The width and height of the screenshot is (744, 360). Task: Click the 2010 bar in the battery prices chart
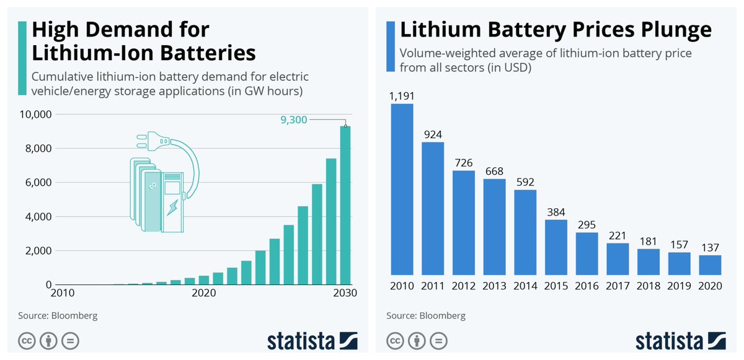coord(402,189)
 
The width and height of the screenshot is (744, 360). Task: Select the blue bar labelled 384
coord(556,247)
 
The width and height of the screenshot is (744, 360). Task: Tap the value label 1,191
coord(402,96)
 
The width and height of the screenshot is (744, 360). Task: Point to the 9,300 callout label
coord(294,120)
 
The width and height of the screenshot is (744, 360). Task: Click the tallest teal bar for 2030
coord(345,205)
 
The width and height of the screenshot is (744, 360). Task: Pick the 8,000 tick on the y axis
coord(38,148)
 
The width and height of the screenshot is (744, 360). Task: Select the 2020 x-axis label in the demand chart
coord(203,292)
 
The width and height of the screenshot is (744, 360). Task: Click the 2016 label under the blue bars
coord(587,286)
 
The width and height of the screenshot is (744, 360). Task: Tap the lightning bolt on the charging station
coord(172,208)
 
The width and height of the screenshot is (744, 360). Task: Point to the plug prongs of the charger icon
coord(142,141)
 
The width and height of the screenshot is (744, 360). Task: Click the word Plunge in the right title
coord(676,30)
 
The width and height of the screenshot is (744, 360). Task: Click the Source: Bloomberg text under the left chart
coord(58,315)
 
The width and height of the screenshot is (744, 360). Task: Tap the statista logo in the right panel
coord(681,341)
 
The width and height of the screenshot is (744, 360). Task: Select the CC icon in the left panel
coord(27,341)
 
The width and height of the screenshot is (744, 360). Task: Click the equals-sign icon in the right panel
coord(438,341)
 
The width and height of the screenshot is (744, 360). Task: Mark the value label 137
coord(710,247)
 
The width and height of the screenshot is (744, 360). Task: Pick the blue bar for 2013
coord(494,227)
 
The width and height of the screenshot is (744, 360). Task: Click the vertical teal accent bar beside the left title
coord(22,58)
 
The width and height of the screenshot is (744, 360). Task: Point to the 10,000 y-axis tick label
coord(35,114)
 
